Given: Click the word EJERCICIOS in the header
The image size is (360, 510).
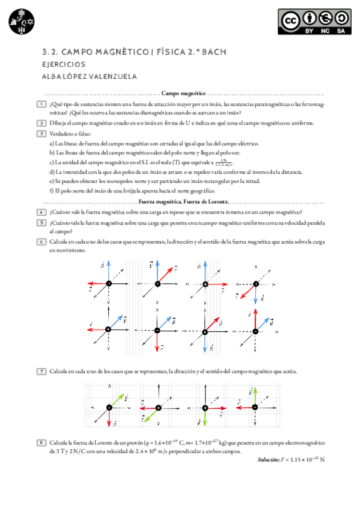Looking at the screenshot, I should tap(64, 64).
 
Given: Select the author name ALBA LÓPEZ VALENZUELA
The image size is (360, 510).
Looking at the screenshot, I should tap(90, 76).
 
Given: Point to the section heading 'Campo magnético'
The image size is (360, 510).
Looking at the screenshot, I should tap(183, 94).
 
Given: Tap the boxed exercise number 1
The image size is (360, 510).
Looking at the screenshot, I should tap(41, 104).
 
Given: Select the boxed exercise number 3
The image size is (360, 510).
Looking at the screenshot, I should tap(41, 133).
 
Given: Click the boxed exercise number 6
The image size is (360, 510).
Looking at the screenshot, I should tap(41, 241).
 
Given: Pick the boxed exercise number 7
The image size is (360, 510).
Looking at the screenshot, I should tap(41, 371).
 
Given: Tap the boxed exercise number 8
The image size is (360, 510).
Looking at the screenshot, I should tap(41, 443).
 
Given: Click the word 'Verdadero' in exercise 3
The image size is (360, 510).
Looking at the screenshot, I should tap(63, 134).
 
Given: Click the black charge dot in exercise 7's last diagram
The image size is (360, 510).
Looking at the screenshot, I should tap(255, 407).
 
